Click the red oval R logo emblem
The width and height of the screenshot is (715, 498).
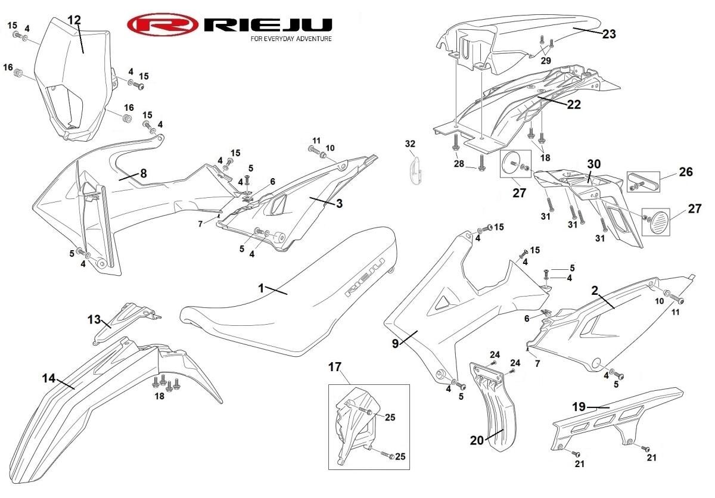click(163, 24)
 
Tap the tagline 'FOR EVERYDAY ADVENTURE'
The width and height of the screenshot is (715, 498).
click(291, 39)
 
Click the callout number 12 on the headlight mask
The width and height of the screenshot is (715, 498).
click(74, 20)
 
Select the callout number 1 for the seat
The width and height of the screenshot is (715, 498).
click(262, 288)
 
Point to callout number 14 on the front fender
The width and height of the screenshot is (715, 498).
click(49, 378)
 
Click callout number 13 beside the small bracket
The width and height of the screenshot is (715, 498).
click(94, 319)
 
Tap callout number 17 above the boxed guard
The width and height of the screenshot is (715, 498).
click(335, 367)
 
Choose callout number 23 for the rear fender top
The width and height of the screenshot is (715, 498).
click(609, 34)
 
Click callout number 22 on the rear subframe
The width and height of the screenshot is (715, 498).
click(574, 104)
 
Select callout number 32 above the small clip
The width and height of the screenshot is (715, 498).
click(410, 144)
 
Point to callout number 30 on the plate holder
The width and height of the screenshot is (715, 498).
click(594, 164)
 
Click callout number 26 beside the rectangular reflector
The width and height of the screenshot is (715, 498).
click(686, 172)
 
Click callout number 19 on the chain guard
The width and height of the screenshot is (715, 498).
click(579, 407)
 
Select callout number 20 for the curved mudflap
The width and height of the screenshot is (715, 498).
click(477, 441)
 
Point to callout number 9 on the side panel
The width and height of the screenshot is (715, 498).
click(396, 344)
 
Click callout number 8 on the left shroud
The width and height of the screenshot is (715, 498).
click(144, 173)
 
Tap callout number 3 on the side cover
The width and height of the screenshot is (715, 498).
click(339, 203)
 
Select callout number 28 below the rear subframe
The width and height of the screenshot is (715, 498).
click(459, 164)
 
